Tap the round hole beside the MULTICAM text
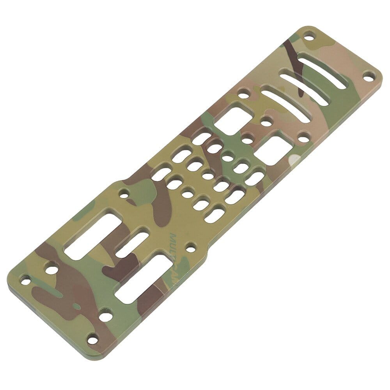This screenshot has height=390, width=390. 191,246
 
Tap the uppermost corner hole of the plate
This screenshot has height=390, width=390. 309,38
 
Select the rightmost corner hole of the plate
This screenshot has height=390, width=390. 368,76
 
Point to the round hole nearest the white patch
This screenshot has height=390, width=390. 303,137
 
